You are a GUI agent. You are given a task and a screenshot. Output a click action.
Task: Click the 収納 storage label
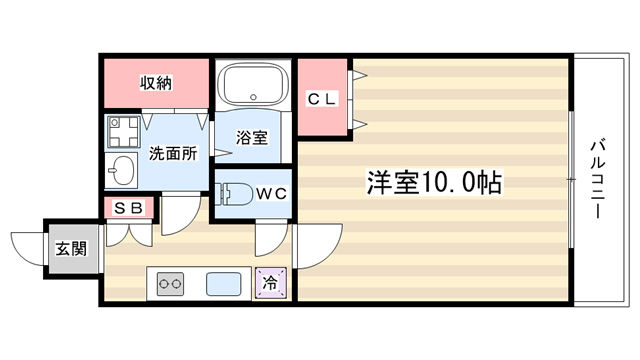pyautogui.click(x=156, y=83)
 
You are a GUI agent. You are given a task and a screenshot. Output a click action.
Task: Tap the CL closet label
pyautogui.click(x=322, y=99)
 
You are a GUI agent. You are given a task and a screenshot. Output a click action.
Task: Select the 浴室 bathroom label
pyautogui.click(x=252, y=138)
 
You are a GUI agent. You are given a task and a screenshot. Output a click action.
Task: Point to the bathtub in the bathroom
pyautogui.click(x=253, y=84)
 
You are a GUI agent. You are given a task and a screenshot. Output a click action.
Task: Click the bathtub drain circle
pyautogui.click(x=253, y=97)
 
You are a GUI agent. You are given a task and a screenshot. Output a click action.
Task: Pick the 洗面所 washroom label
pyautogui.click(x=173, y=153)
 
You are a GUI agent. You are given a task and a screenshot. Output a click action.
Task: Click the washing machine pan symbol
pyautogui.click(x=123, y=131)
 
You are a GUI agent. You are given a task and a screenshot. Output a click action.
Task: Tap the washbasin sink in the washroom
pyautogui.click(x=122, y=170)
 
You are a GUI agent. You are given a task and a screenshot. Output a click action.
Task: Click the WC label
pyautogui.click(x=272, y=194)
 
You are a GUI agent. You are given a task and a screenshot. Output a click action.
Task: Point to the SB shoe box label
pyautogui.click(x=128, y=208)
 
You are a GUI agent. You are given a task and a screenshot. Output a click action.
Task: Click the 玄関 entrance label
pyautogui.click(x=71, y=248)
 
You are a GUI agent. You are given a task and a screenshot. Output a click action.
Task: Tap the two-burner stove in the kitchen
pyautogui.click(x=170, y=284)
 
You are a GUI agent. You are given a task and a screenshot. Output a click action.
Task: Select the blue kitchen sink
pyautogui.click(x=223, y=284)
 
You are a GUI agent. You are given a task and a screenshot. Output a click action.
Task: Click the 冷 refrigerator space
pyautogui.click(x=271, y=282)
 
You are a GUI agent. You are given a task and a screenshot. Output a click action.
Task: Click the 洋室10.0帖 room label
pyautogui.click(x=434, y=182)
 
